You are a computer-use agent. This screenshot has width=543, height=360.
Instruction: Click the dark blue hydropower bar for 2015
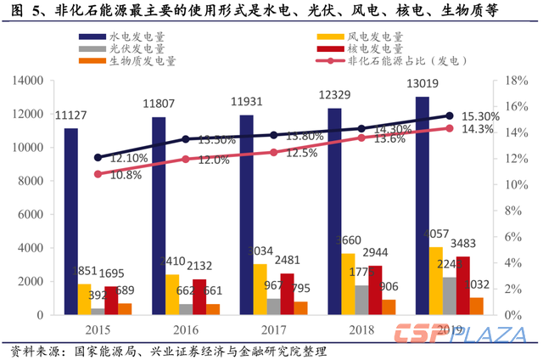coord(71,221)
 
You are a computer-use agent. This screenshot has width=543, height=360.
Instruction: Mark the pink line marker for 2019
coord(450,128)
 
